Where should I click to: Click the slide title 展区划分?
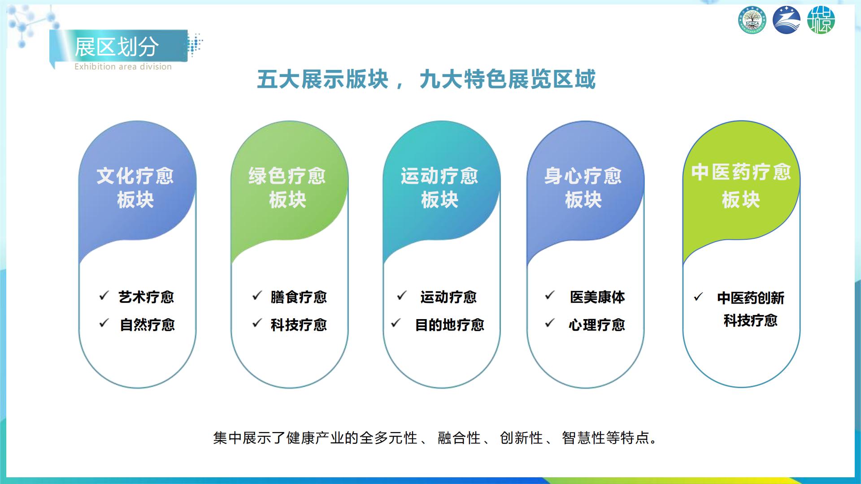click(117, 47)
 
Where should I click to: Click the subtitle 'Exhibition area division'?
click(123, 67)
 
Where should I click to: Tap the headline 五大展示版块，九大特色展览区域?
click(426, 79)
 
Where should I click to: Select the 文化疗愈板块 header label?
click(135, 187)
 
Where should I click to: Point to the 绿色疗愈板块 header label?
click(287, 187)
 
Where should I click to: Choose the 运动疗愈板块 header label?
click(439, 187)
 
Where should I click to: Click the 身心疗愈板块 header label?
click(583, 187)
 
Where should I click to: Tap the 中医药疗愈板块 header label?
click(741, 186)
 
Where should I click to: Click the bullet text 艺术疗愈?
click(146, 297)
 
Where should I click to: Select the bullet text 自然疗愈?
click(147, 325)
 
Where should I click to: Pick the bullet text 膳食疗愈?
click(299, 297)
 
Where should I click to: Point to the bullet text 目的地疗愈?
click(450, 325)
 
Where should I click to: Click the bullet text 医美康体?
click(597, 297)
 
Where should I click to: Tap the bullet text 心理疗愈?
click(597, 325)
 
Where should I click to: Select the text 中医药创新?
click(751, 298)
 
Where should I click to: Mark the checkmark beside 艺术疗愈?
click(104, 296)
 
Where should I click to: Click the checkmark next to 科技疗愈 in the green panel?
click(257, 323)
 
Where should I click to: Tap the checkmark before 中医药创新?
click(698, 297)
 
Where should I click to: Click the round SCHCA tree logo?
click(752, 20)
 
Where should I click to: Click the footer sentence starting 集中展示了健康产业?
click(435, 438)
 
